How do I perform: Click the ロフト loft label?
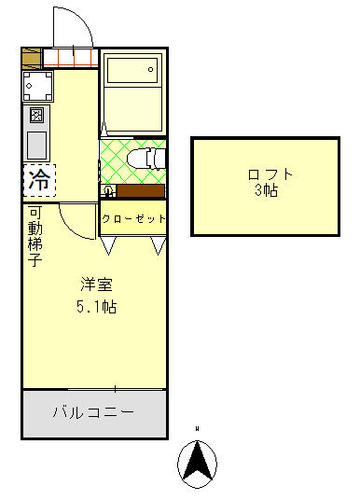[x=271, y=174]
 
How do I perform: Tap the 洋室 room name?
[x=96, y=285]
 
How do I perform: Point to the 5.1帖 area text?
[x=96, y=306]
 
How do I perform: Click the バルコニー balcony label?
[x=93, y=411]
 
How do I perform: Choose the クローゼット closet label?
[x=133, y=218]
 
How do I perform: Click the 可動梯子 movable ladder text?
[x=34, y=234]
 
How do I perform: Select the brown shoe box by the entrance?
[x=31, y=58]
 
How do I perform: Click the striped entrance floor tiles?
[x=70, y=58]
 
